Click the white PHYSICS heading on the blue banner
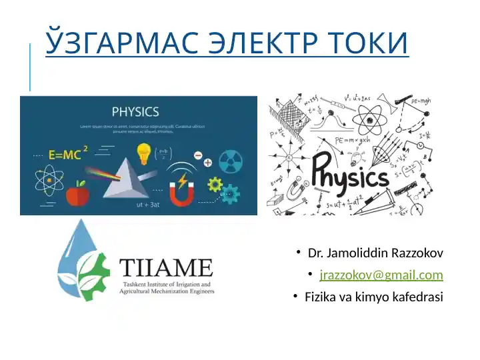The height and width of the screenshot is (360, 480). [135, 111]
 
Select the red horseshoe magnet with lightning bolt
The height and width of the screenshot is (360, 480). [181, 190]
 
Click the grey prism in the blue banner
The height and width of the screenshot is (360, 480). [125, 178]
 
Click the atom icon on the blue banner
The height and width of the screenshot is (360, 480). [49, 180]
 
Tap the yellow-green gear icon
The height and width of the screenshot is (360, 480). [215, 184]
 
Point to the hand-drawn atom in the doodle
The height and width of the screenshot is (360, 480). [375, 112]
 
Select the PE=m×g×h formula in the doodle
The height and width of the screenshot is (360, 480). [352, 141]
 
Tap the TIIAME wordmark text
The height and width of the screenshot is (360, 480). [166, 269]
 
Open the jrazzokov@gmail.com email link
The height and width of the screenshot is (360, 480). [381, 275]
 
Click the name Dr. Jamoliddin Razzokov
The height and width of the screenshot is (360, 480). [375, 254]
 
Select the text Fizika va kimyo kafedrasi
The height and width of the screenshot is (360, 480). [373, 297]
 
